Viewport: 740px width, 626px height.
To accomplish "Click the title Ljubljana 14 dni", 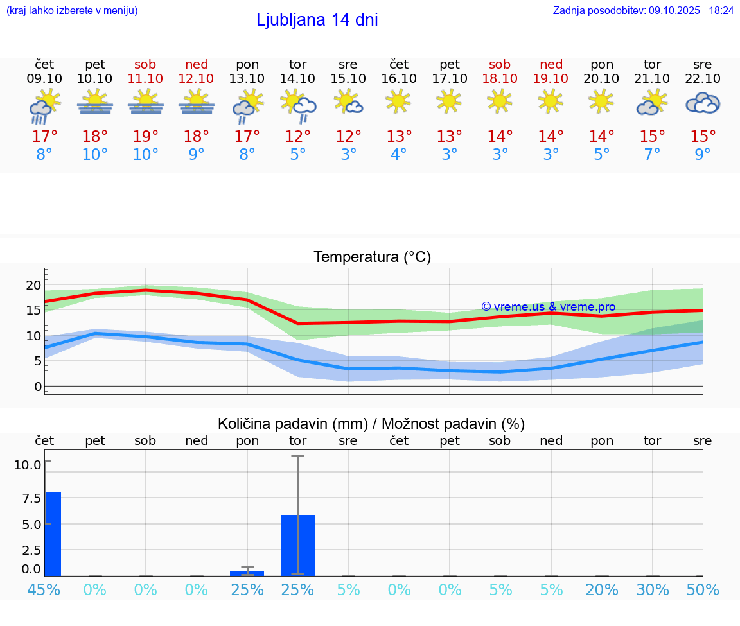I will (x=317, y=20).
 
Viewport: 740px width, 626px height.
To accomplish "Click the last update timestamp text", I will (x=643, y=11).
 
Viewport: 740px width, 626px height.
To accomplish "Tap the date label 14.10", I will (x=297, y=78).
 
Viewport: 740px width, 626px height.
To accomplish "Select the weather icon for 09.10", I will (x=44, y=105).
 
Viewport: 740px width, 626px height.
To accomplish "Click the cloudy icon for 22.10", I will (x=703, y=103).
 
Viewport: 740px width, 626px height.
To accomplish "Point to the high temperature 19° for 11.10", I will (x=146, y=137).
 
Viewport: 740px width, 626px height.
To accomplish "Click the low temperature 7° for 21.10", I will (x=653, y=155).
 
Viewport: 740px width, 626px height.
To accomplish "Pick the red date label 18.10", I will (x=500, y=78).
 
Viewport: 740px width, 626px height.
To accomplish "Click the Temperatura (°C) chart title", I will (x=372, y=257).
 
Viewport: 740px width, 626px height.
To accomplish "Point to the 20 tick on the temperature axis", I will (x=33, y=285).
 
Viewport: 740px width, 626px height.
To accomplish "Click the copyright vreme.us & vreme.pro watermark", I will (x=548, y=307).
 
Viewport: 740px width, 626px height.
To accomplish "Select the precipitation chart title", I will (x=371, y=424).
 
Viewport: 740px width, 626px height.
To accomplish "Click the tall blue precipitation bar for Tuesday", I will (x=297, y=544).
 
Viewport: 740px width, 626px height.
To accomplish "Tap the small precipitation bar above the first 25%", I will (x=247, y=573).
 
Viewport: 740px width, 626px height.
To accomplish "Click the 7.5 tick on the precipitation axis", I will (x=32, y=498).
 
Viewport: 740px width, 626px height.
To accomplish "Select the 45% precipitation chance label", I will (x=44, y=589).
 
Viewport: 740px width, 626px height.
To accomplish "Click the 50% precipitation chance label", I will (x=703, y=589).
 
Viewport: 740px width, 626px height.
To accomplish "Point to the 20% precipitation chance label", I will (x=602, y=589).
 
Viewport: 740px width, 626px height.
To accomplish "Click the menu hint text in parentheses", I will (x=72, y=11).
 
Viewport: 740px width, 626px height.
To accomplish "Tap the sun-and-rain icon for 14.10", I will (x=297, y=105).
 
